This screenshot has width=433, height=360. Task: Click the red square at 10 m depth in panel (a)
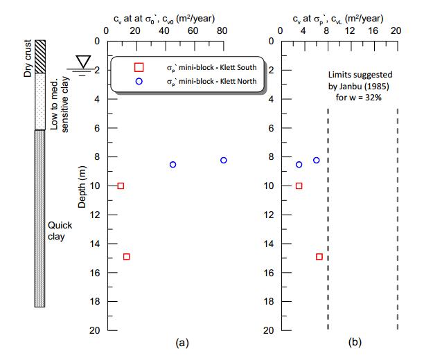pos(121,186)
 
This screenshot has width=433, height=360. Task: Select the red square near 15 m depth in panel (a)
pos(127,257)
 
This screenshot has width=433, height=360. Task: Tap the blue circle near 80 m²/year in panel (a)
pos(223,160)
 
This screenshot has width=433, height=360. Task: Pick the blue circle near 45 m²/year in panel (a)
pos(173,165)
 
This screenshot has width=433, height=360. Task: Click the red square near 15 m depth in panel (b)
pos(319,257)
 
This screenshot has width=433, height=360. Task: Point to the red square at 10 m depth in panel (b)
pos(299,186)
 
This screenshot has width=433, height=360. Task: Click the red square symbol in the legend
pos(139,66)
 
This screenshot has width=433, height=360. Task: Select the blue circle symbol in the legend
pos(139,82)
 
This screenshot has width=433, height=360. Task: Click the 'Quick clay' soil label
pos(57,231)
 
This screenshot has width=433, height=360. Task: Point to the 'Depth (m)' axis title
pos(83,186)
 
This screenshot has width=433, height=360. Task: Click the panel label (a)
pos(182,342)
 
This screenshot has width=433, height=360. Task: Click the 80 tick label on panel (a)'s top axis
pos(222,30)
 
